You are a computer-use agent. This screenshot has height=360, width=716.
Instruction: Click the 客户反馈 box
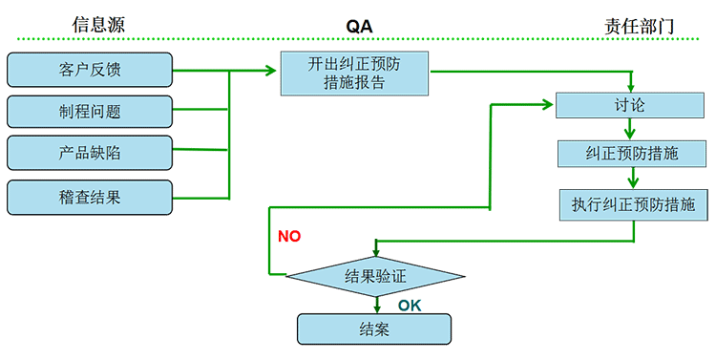click(90, 70)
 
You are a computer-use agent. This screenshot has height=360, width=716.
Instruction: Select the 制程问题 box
click(90, 111)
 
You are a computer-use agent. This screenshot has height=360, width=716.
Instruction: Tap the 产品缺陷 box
click(90, 153)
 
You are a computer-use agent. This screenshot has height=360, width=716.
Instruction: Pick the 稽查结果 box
click(90, 197)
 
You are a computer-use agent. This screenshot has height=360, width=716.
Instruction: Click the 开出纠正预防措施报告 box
click(354, 74)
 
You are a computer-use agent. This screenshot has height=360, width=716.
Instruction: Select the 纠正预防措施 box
click(631, 153)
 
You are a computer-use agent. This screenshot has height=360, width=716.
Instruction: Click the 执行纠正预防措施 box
click(633, 203)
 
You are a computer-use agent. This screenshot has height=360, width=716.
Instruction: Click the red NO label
click(289, 236)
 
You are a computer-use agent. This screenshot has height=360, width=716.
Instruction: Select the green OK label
click(410, 306)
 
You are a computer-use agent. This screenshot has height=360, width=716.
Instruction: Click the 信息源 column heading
click(98, 25)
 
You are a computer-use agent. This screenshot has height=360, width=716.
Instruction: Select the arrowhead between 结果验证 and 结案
click(378, 307)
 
